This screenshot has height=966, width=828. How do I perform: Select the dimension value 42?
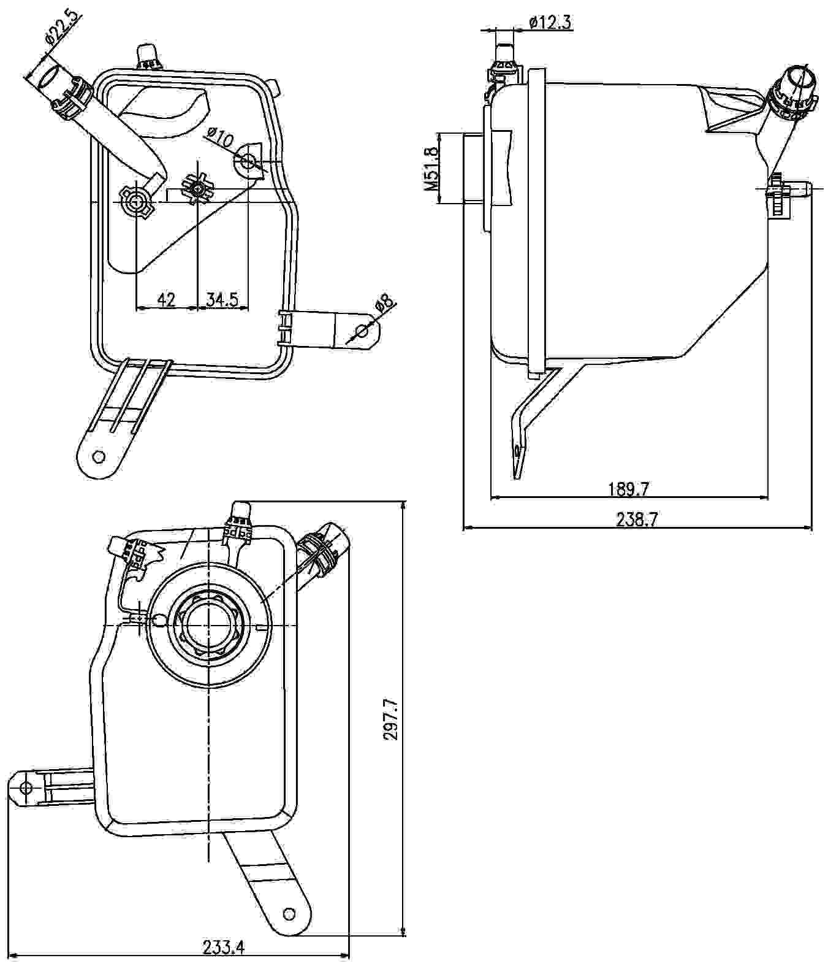click(166, 299)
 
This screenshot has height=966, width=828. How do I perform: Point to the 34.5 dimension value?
click(222, 299)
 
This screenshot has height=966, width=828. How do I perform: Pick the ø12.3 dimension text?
click(550, 22)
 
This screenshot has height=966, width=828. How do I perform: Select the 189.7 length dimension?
click(628, 489)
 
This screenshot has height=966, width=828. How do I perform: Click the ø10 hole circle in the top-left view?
click(248, 161)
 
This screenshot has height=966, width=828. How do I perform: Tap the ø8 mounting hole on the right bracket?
click(362, 332)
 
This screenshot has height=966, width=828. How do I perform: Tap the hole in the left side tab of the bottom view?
click(25, 788)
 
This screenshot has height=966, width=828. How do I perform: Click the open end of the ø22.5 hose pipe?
click(48, 78)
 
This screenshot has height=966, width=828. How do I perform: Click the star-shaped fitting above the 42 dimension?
click(197, 190)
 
